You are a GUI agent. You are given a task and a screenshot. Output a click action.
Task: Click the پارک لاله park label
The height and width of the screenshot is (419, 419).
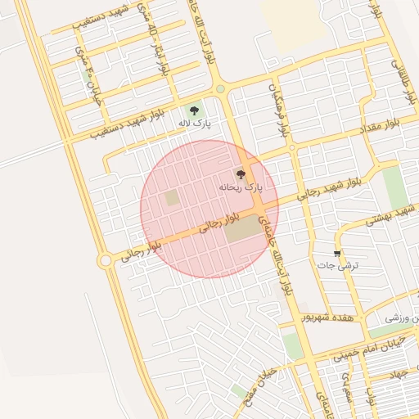click(195, 124)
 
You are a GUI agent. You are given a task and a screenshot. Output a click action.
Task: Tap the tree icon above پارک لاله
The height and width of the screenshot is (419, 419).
click(194, 110)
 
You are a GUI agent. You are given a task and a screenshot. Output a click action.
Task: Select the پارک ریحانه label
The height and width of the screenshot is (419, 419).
click(241, 187)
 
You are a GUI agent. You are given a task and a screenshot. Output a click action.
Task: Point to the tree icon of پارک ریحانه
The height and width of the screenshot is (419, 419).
click(240, 174)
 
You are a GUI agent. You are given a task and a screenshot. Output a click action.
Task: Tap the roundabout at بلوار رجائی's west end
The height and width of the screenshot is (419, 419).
click(105, 260)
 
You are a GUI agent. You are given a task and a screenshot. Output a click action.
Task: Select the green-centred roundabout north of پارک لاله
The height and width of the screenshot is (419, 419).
click(219, 89)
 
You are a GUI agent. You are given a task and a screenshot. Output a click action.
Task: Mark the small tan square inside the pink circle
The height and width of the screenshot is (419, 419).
click(172, 198)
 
